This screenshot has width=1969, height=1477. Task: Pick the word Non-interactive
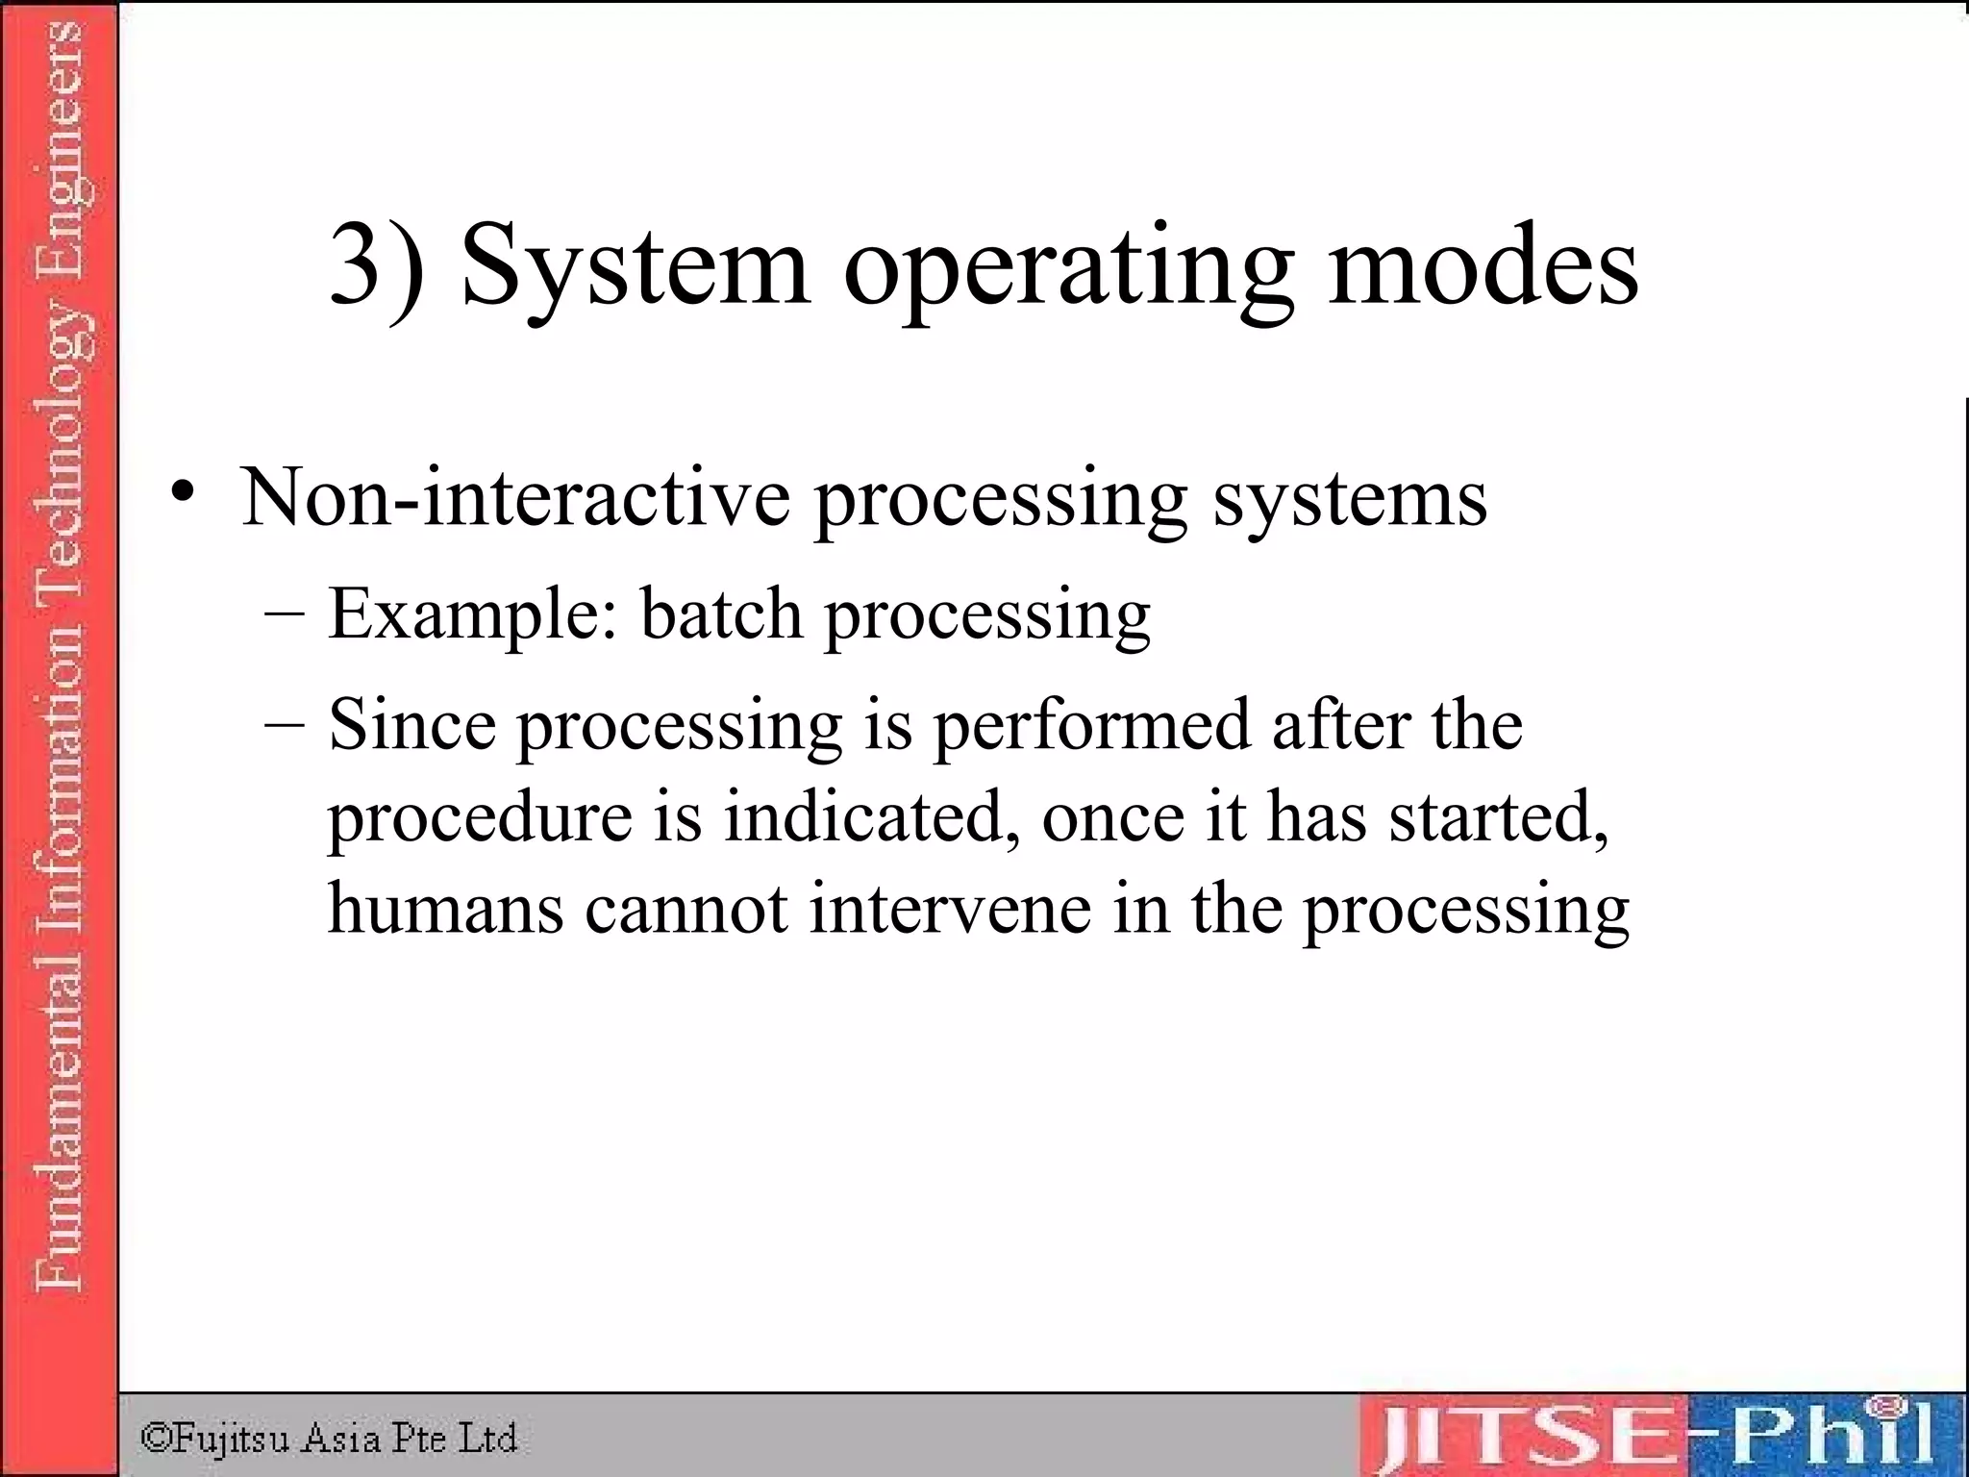tap(514, 498)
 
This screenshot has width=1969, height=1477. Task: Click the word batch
tap(721, 613)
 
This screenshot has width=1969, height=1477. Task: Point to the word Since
tap(411, 725)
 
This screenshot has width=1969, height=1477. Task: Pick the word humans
tap(445, 908)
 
